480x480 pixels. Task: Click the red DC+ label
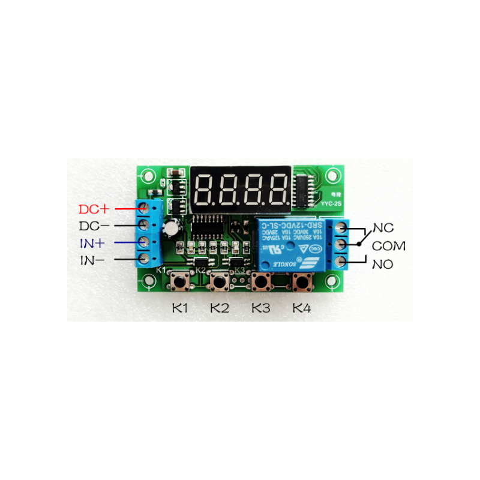(x=94, y=209)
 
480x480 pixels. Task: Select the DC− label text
(x=94, y=226)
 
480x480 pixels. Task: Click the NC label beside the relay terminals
(x=383, y=228)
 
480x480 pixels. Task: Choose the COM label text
(x=389, y=246)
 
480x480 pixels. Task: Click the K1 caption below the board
(x=181, y=308)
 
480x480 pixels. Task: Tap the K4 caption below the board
(x=302, y=308)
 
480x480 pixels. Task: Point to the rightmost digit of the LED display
(x=278, y=187)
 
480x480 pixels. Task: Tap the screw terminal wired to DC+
(x=144, y=208)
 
